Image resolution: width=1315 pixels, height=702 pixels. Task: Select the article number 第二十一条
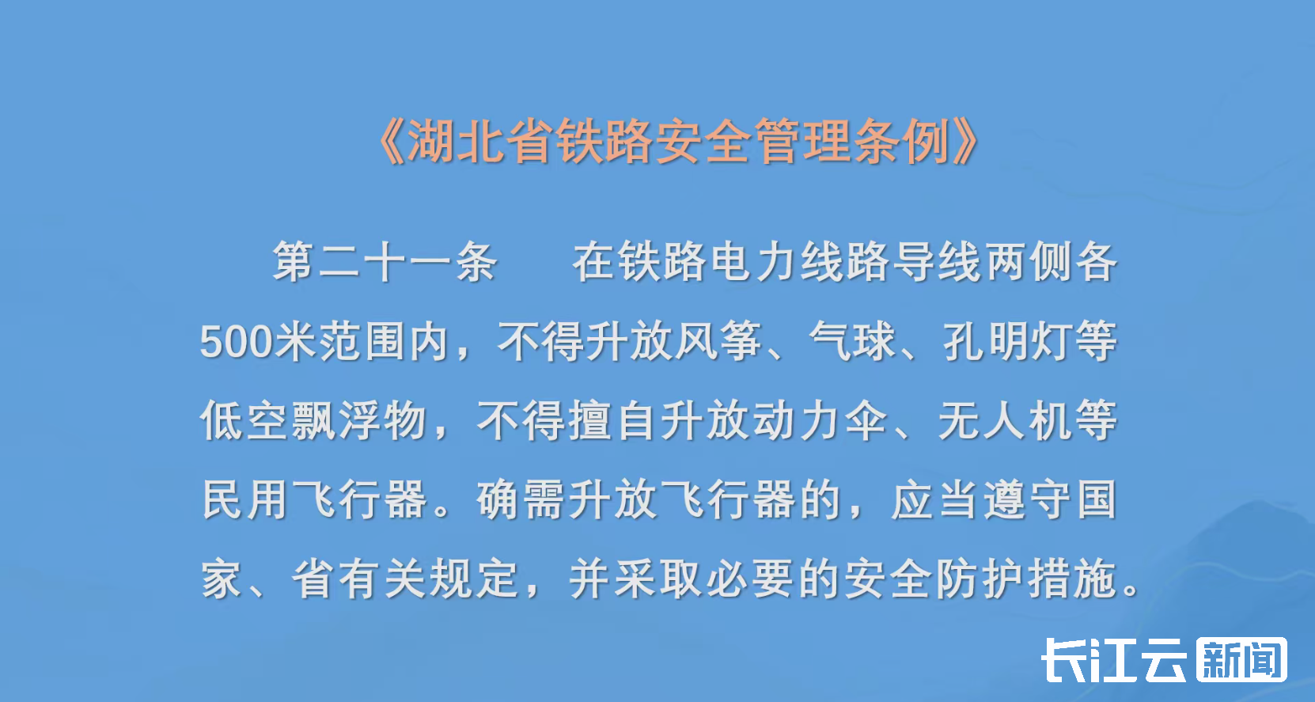tap(385, 262)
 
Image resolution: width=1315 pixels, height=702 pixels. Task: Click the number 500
tap(236, 342)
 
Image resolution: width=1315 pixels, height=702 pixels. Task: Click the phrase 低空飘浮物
tap(313, 420)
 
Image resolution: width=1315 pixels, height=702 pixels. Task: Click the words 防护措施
tap(1026, 579)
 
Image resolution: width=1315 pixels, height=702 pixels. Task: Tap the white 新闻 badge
tap(1241, 660)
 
